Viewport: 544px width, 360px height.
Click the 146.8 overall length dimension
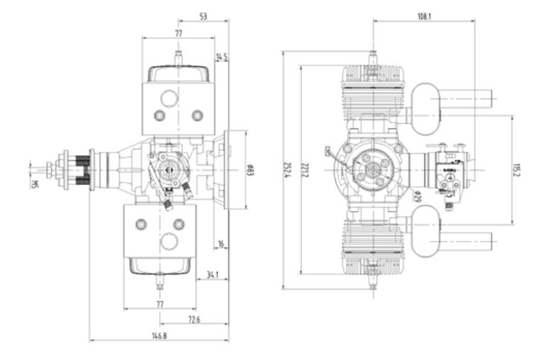pos(159,335)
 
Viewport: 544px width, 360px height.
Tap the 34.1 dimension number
pos(212,274)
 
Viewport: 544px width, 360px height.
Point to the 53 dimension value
pos(203,15)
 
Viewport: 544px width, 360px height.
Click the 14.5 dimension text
pos(222,57)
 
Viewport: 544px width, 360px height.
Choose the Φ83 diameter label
pos(251,169)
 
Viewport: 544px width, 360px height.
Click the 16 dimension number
pos(221,243)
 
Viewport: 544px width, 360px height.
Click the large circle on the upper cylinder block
pos(168,99)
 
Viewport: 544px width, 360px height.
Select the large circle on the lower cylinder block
pos(168,241)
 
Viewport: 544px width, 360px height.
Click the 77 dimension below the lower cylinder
pos(160,304)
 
